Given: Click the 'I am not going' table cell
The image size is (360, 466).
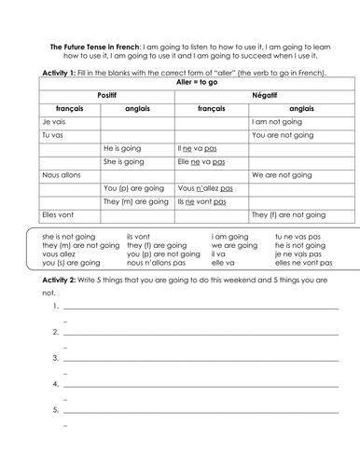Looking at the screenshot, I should [x=277, y=122].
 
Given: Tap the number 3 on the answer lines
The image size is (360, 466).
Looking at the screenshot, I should [x=57, y=357].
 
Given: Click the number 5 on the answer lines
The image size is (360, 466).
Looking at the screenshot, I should [x=57, y=408].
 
